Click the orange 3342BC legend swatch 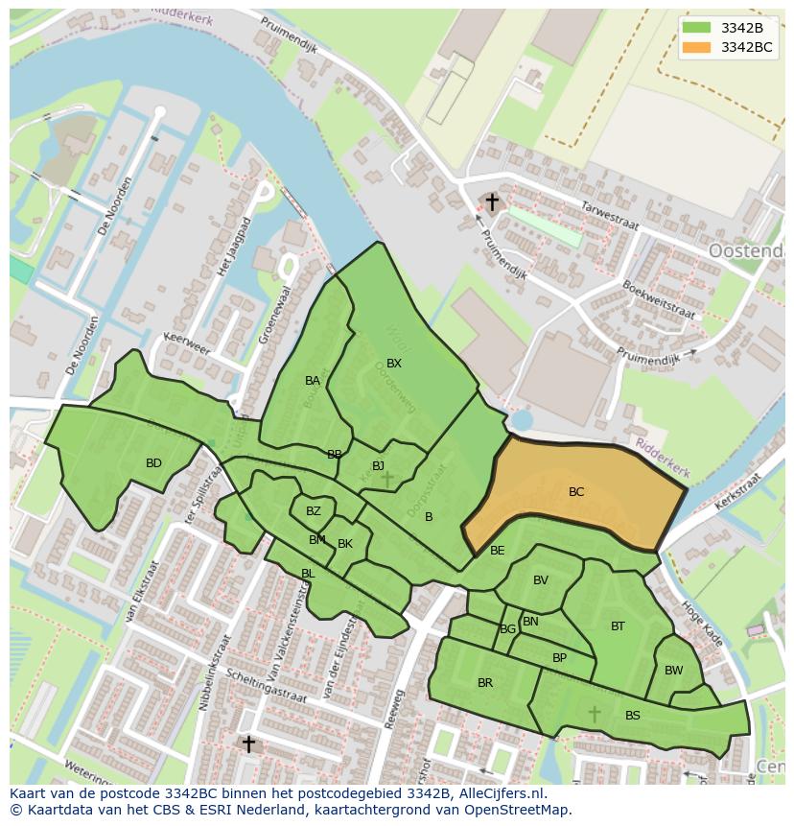click(697, 47)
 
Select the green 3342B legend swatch click(697, 28)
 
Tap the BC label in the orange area click(575, 492)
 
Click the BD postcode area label click(153, 463)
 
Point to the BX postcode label click(394, 364)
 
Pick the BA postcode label click(313, 381)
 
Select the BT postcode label click(618, 626)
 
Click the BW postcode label click(674, 671)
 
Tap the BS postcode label click(633, 716)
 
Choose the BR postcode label click(485, 683)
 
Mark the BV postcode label click(541, 580)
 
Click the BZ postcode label click(314, 511)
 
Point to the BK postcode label click(345, 544)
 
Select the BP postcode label click(559, 658)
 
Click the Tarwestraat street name click(610, 217)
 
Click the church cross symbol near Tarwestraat click(492, 202)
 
